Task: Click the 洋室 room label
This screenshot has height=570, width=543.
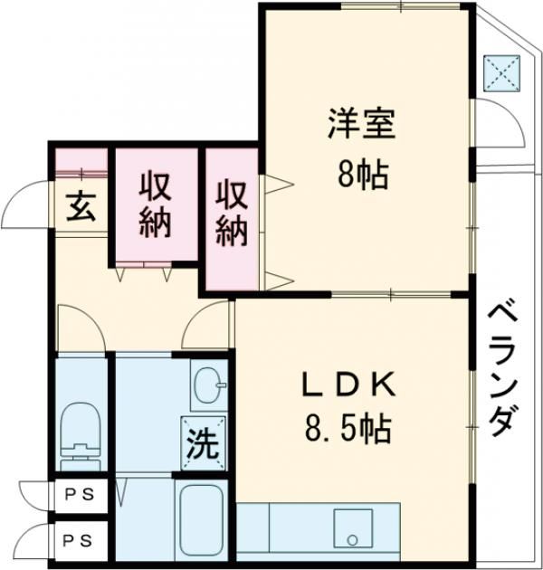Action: [361, 123]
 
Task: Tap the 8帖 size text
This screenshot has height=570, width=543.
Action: [363, 176]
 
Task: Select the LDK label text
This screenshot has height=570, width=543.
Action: [348, 385]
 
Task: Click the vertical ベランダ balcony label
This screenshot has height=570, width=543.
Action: [503, 371]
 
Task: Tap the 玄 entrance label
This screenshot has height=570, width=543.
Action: [81, 206]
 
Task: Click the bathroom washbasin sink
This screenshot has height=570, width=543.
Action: [209, 385]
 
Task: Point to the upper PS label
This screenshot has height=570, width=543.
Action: [80, 494]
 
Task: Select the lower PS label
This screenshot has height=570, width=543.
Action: [78, 541]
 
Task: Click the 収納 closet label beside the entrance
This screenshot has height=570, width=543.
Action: [156, 205]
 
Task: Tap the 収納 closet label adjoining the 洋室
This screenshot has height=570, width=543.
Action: [232, 214]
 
